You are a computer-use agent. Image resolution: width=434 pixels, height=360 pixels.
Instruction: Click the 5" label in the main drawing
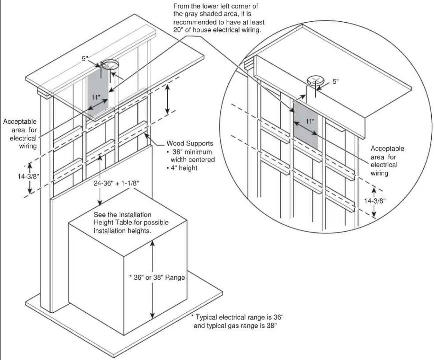85,59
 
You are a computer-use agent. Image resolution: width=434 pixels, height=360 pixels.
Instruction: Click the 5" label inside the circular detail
336,81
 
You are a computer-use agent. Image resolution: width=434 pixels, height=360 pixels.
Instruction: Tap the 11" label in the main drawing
96,97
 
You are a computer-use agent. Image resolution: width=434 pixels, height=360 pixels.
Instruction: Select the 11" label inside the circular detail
310,121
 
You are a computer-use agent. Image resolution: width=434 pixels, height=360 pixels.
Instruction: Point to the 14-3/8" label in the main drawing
28,176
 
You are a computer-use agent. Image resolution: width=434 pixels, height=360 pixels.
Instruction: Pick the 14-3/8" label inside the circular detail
375,201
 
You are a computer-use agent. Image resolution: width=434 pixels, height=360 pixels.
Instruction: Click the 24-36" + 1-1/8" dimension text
116,183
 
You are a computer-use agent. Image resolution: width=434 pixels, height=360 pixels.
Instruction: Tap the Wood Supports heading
190,143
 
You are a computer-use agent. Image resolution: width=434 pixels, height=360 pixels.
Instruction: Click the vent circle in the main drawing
110,65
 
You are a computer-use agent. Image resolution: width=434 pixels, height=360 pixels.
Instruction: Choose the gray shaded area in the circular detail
305,125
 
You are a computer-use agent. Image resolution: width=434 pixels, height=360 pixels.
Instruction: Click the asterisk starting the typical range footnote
192,316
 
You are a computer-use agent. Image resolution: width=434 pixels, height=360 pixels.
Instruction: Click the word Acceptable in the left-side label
20,121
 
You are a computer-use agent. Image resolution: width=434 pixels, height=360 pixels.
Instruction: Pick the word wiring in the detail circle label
379,173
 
